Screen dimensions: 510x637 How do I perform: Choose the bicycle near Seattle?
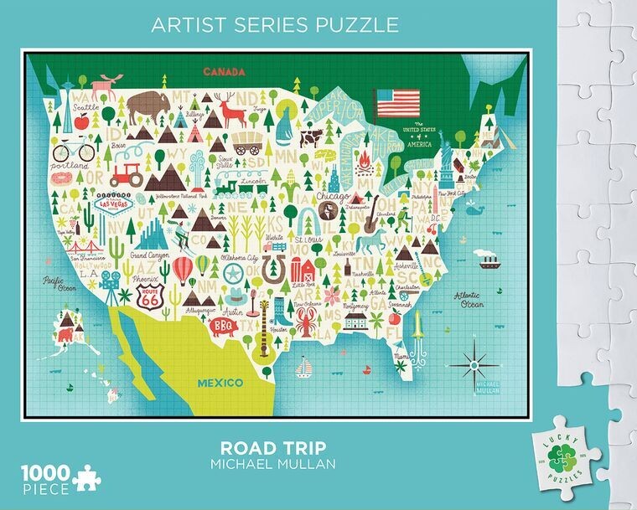(72, 152)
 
